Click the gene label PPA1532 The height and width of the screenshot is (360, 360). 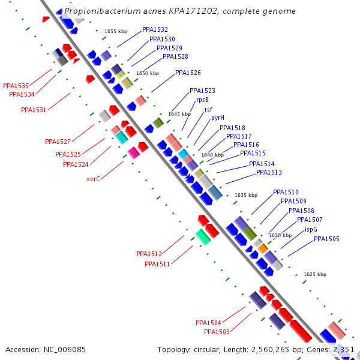[155, 29]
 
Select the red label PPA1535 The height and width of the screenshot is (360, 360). [16, 86]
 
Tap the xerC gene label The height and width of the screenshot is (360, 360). [93, 179]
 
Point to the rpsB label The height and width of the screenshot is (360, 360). [202, 100]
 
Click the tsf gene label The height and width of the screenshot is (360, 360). [208, 110]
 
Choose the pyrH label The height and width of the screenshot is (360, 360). [217, 118]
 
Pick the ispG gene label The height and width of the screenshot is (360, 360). [311, 229]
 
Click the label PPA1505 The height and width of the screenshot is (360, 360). [326, 239]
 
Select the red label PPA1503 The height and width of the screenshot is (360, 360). [217, 332]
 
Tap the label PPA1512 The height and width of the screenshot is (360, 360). [149, 254]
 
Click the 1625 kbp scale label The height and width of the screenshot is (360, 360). [315, 274]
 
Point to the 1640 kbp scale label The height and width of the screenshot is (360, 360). [212, 155]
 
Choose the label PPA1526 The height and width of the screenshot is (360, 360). [188, 73]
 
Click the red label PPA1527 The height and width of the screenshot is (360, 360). [58, 142]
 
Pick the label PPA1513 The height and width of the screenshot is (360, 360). [269, 173]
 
